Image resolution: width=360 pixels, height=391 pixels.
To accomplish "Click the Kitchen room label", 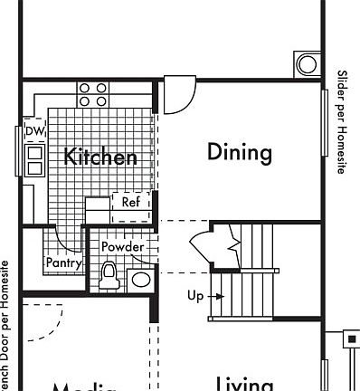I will tap(100, 157).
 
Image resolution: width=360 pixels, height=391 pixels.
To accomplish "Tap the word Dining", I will tap(240, 152).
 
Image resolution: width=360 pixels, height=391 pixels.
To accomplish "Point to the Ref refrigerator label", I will tap(131, 204).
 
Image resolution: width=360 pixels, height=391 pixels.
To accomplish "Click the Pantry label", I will tap(64, 263).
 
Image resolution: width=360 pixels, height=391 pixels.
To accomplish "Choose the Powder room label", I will tap(122, 247).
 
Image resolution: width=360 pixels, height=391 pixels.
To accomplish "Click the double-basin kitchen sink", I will tap(34, 160).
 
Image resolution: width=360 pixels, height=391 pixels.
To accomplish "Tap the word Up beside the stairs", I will tap(195, 296).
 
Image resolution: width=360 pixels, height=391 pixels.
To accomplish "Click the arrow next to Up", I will tap(214, 296).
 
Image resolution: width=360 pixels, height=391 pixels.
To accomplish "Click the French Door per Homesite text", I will tap(5, 326).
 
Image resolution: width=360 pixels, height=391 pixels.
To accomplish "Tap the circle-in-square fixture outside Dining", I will tap(307, 64).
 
